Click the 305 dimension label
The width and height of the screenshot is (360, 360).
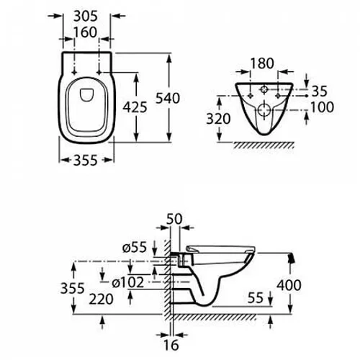[86, 17]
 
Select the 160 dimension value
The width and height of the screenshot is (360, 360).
[86, 32]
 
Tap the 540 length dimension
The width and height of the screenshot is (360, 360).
[168, 98]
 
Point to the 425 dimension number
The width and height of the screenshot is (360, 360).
[135, 107]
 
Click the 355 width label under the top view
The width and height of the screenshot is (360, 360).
[86, 161]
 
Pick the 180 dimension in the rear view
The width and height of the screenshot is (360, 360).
[262, 63]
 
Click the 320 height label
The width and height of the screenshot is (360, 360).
[218, 119]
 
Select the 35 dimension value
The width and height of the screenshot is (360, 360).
[319, 91]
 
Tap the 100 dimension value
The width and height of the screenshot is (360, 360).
[322, 107]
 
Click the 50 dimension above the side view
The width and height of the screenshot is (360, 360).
[174, 219]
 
